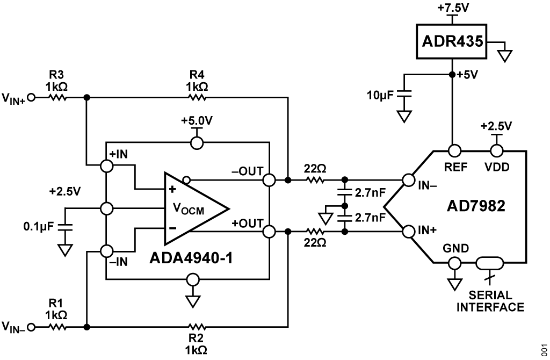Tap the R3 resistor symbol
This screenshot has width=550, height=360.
pos(57,98)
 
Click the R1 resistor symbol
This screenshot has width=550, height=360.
pos(57,326)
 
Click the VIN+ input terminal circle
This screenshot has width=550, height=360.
pos(32,98)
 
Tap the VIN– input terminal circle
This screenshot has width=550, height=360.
pos(32,326)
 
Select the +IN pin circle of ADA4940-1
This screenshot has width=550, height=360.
pos(107,167)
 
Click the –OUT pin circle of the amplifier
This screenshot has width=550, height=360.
pos(269,179)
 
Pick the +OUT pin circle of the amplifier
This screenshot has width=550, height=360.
pos(269,232)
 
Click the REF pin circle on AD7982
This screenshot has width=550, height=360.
pos(455,150)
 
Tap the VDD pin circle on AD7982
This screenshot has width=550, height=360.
pos(495,150)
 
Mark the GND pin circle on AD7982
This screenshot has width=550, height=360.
pos(455,264)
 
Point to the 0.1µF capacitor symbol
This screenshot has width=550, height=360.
pos(66,226)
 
